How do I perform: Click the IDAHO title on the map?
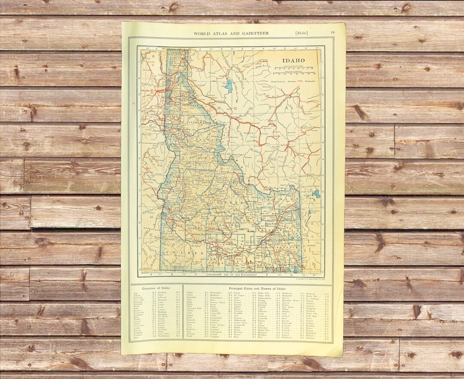[x=293, y=61]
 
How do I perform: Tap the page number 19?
[x=333, y=33]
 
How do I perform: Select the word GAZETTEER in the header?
[x=250, y=33]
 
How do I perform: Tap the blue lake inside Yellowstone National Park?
[x=317, y=194]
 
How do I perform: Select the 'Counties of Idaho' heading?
[x=156, y=288]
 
